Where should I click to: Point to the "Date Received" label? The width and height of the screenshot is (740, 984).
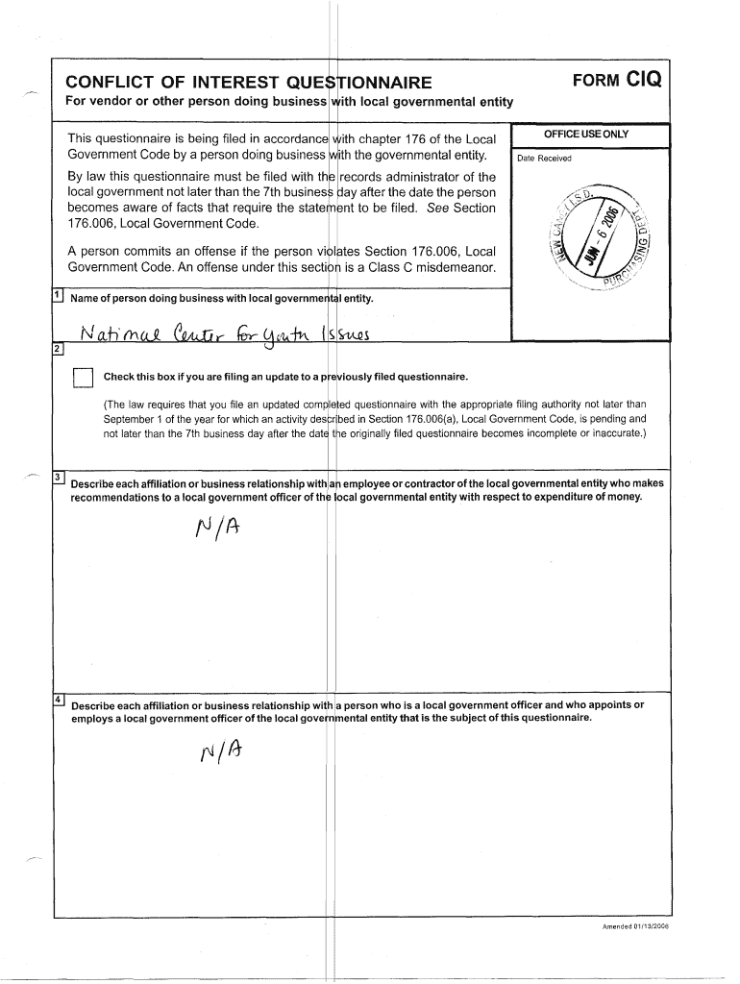point(544,159)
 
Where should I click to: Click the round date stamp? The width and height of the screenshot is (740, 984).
point(594,235)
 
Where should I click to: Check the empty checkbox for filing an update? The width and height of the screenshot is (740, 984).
point(84,376)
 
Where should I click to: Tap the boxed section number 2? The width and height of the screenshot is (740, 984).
point(59,348)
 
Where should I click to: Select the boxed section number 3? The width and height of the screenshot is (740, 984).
point(59,478)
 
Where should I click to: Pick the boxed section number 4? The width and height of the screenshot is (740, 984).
point(59,699)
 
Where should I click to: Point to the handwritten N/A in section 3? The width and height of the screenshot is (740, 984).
point(215,529)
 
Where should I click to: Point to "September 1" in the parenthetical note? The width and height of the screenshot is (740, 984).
point(135,419)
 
